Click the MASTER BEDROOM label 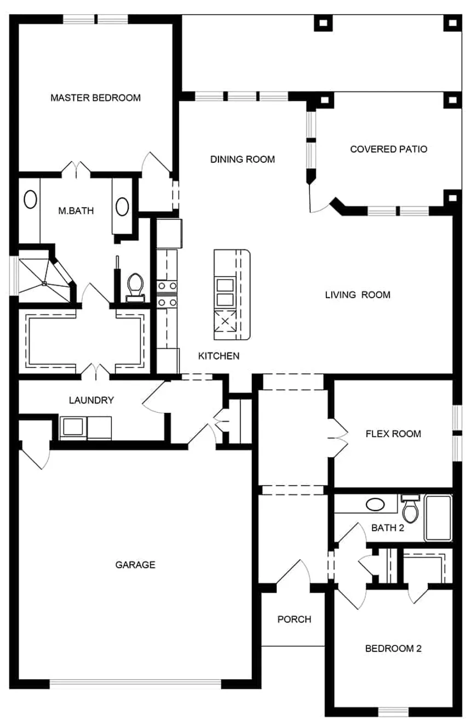point(95,98)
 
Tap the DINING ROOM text point(243,159)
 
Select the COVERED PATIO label point(388,149)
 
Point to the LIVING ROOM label point(358,295)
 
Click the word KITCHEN point(219,356)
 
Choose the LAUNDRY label point(91,400)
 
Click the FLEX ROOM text point(393,434)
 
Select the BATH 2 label point(388,528)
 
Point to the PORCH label point(295,619)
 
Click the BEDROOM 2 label point(393,649)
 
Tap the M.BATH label point(76,211)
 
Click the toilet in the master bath point(135,287)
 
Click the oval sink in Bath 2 point(375,504)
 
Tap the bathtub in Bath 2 point(438,517)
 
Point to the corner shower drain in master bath point(44,283)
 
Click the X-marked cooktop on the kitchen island point(225,321)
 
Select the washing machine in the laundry point(73,428)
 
